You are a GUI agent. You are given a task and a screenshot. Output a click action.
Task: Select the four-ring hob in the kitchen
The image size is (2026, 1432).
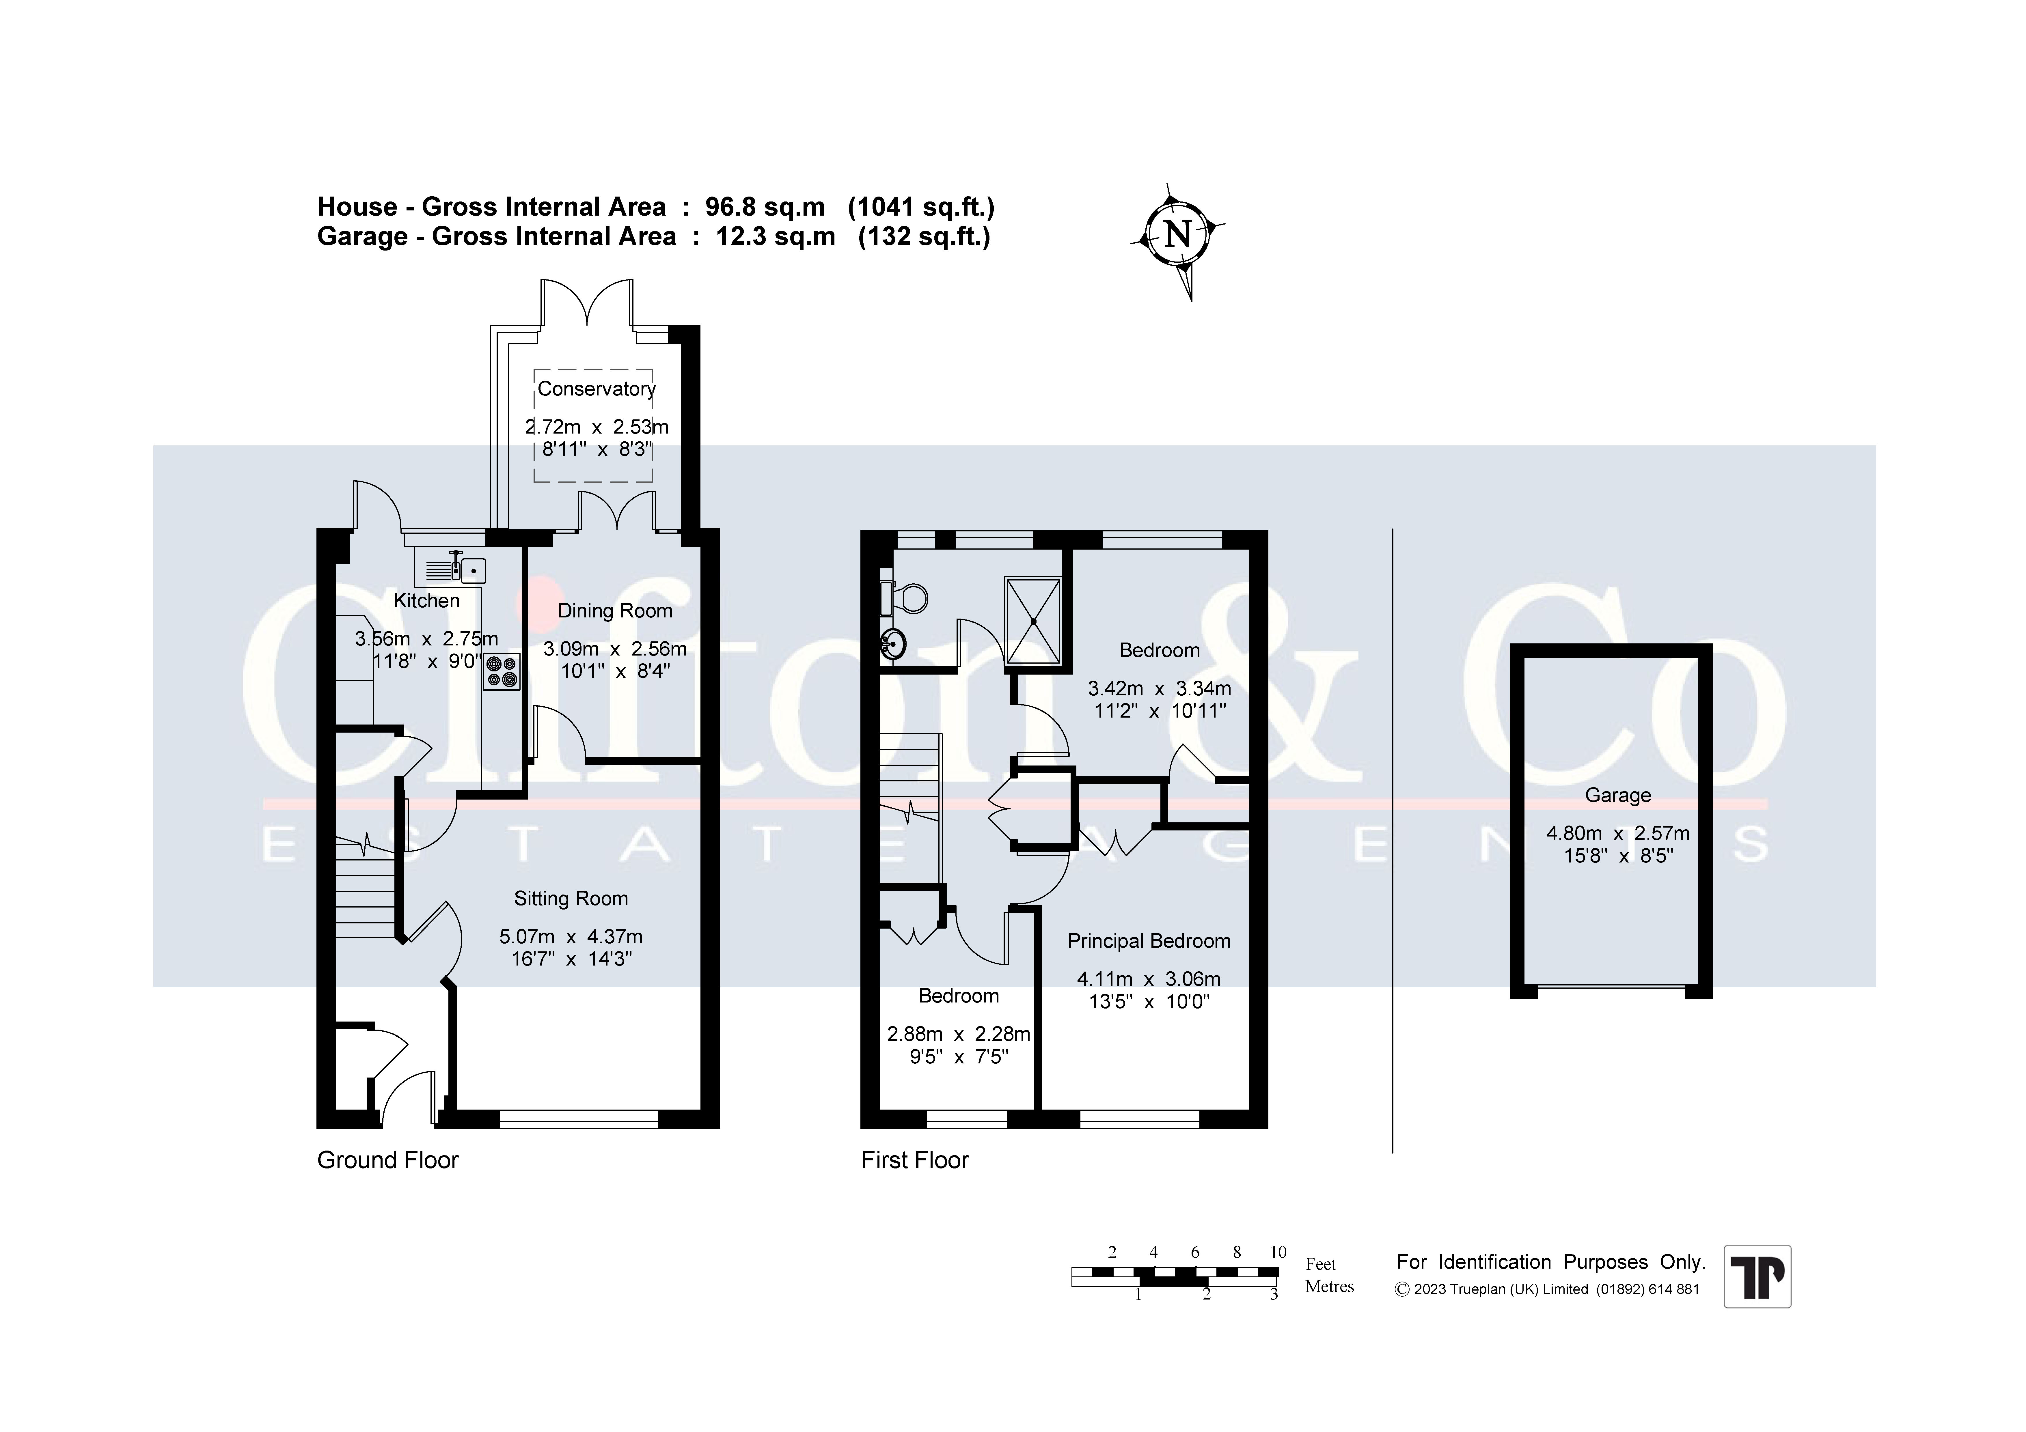coord(501,671)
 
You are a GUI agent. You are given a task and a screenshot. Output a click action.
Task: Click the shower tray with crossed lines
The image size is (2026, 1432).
coord(1032,620)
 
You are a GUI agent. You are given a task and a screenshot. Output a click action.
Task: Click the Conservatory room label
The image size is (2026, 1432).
coord(597,389)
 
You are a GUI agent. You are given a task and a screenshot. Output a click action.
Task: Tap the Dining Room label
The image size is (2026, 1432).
coord(615,610)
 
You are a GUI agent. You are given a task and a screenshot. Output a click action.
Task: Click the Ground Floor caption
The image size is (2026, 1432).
coord(388,1160)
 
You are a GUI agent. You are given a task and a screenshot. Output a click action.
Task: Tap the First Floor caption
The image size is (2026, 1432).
coord(915,1160)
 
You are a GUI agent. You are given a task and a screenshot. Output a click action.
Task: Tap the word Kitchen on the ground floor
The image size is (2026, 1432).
coord(426,601)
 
